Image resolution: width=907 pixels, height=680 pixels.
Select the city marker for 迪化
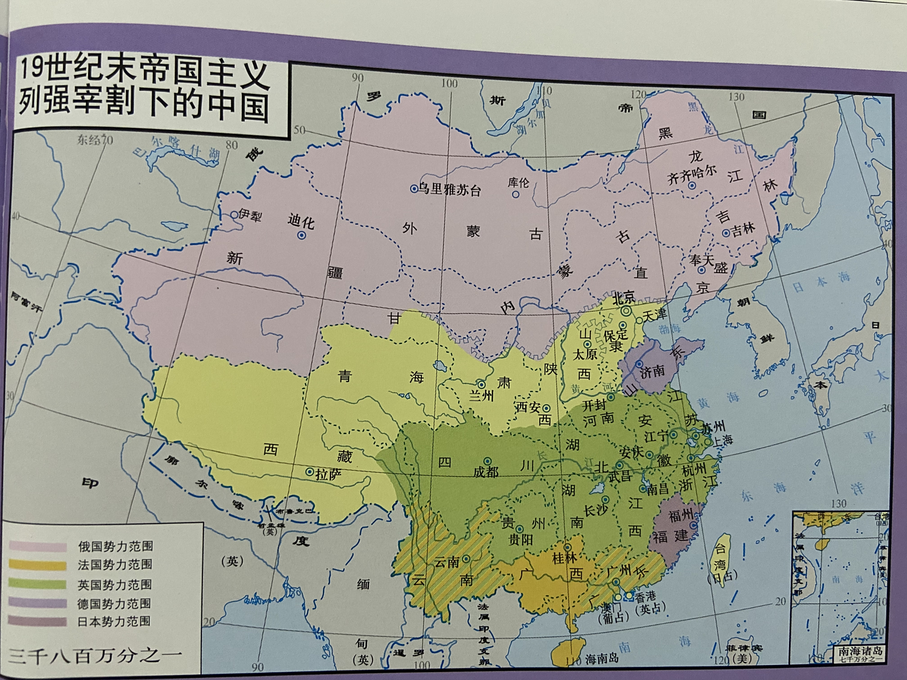tap(301, 235)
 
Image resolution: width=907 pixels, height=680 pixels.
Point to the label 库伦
tap(518, 182)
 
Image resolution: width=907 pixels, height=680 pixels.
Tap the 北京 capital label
tap(624, 298)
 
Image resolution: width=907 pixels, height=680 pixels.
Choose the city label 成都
tap(486, 471)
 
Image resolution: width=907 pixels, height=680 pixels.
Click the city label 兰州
tap(481, 395)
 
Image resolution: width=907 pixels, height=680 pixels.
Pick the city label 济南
tap(652, 371)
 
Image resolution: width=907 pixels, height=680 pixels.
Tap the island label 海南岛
tap(602, 659)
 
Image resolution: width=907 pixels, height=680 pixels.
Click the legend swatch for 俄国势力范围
tap(37, 547)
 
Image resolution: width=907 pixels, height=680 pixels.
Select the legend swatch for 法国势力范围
tap(37, 565)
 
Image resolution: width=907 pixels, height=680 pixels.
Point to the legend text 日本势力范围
tap(114, 622)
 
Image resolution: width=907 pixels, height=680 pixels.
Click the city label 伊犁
tap(249, 215)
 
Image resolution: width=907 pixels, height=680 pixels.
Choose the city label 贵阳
tap(521, 540)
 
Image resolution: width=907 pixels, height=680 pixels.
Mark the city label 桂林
tap(564, 558)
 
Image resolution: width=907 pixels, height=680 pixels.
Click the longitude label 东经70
tap(95, 140)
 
